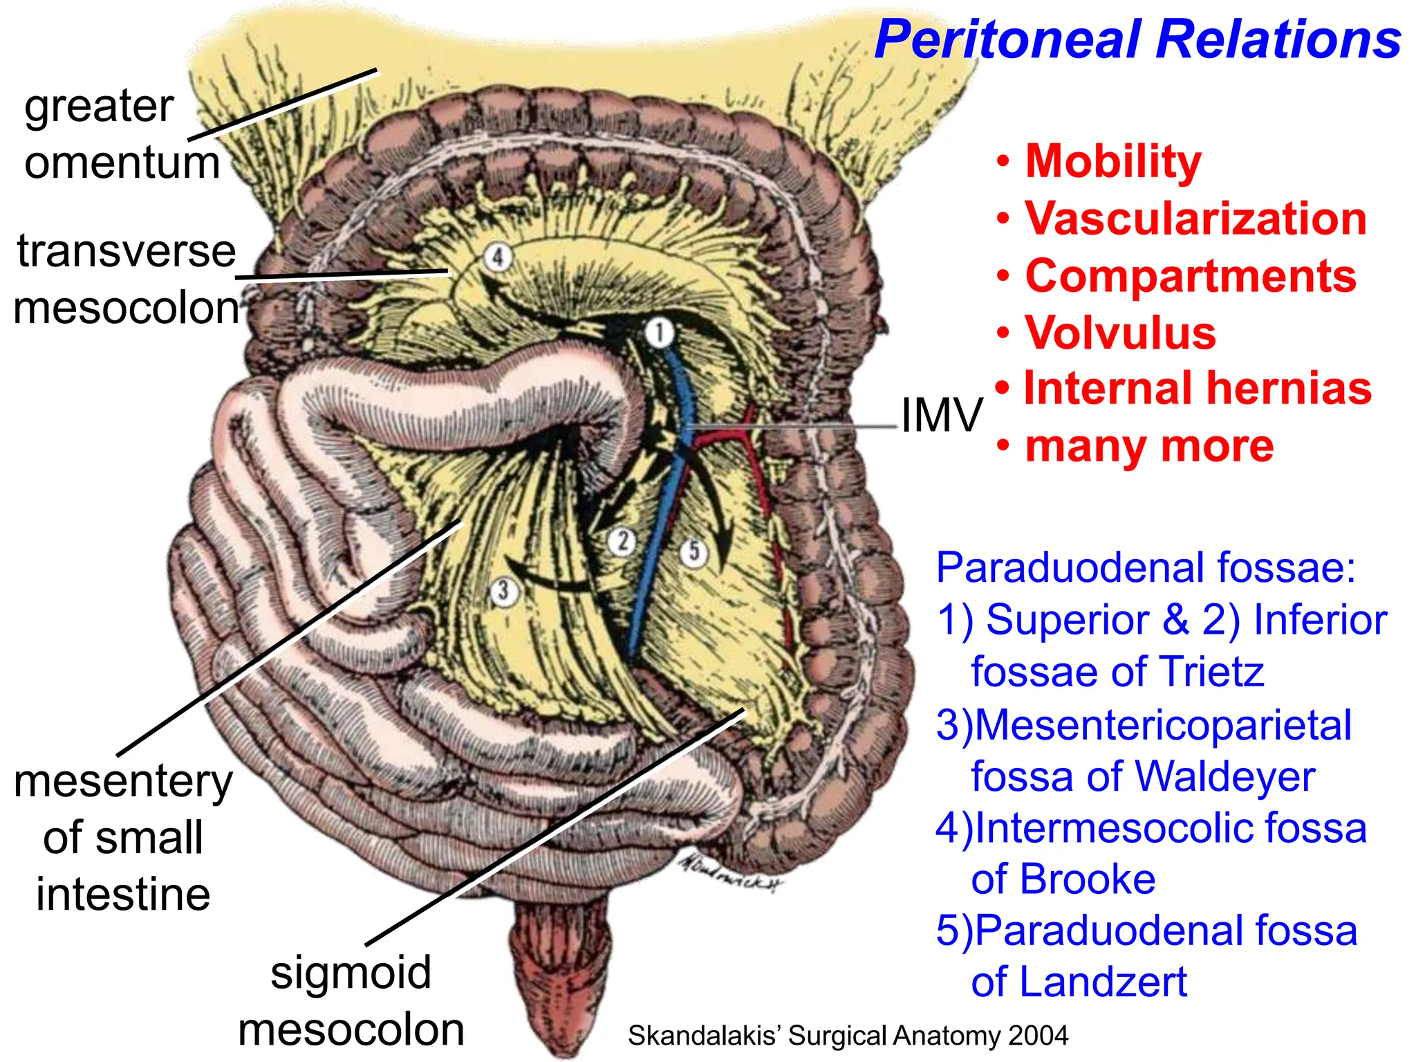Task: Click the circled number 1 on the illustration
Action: pyautogui.click(x=659, y=333)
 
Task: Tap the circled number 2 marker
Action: pyautogui.click(x=623, y=540)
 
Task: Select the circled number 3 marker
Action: pyautogui.click(x=503, y=592)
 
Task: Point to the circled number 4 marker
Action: pyautogui.click(x=497, y=257)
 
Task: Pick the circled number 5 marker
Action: pyautogui.click(x=694, y=551)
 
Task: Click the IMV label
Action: pyautogui.click(x=941, y=415)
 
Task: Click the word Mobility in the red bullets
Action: pyautogui.click(x=1113, y=161)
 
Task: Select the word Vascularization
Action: pyautogui.click(x=1196, y=219)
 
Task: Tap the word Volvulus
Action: pyautogui.click(x=1121, y=333)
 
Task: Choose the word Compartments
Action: pyautogui.click(x=1191, y=276)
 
